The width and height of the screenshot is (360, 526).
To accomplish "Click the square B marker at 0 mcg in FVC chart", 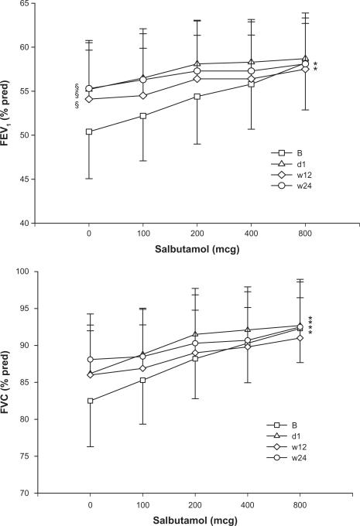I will click(89, 401).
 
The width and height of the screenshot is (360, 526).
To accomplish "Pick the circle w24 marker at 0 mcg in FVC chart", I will click(89, 359).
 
